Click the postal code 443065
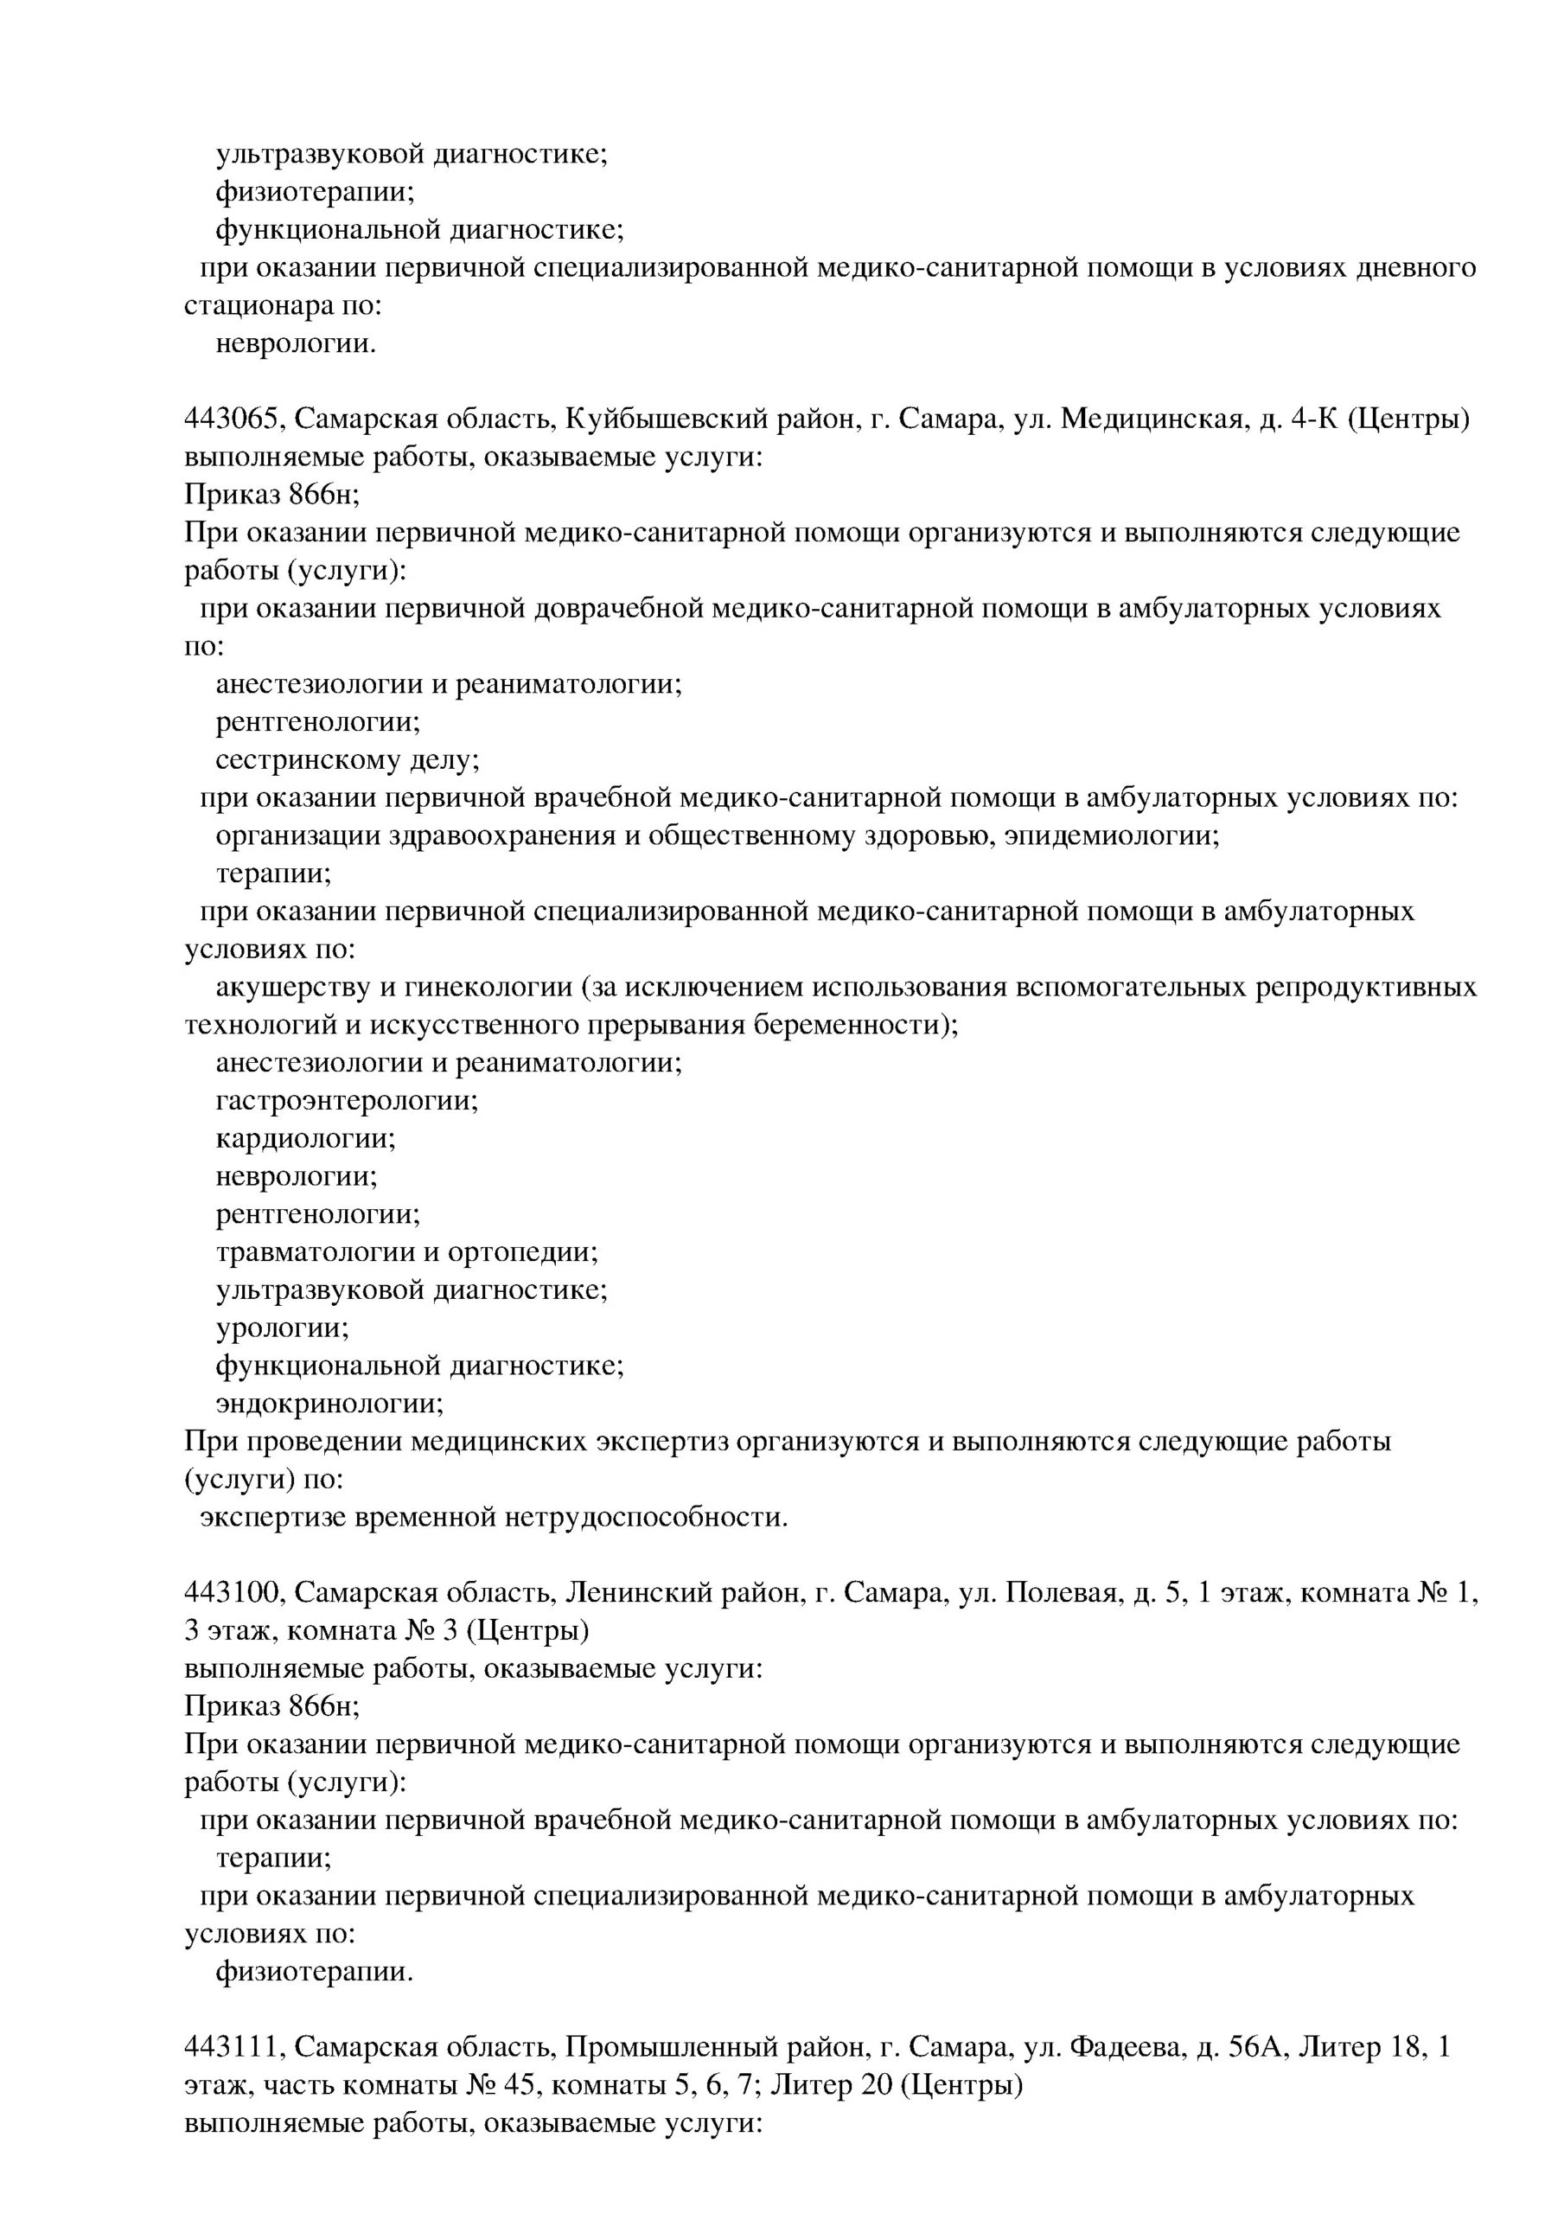point(234,420)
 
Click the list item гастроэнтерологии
point(346,1101)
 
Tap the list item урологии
point(282,1328)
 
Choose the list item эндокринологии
point(329,1404)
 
